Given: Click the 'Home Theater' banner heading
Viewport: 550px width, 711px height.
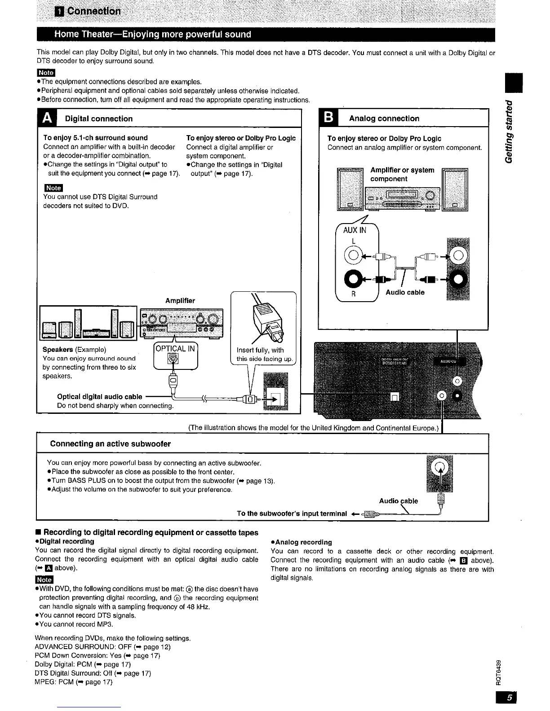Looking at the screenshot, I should tap(152, 35).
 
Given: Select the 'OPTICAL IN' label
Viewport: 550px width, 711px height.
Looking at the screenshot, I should tap(175, 348).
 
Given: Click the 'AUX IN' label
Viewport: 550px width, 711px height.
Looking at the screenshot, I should tap(355, 230).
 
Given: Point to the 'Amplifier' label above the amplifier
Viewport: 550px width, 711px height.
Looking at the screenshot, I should tap(180, 300).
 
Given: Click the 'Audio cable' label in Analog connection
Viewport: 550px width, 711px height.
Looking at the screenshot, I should tap(405, 292).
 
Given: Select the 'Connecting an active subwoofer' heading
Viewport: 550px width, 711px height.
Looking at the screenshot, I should tap(111, 444).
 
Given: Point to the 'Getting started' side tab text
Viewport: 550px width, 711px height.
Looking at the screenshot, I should tap(509, 131).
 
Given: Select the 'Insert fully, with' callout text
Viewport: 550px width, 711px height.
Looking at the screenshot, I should tap(260, 350).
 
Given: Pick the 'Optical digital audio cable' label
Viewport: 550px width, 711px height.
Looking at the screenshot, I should tap(100, 396).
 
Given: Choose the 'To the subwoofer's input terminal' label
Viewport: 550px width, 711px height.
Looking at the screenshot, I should tap(292, 513).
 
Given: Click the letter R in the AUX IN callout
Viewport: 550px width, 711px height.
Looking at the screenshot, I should tap(353, 295).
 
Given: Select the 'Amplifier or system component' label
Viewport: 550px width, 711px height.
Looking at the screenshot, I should tap(402, 174).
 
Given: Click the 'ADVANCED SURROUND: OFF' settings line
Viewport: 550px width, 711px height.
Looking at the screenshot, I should tap(97, 647).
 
